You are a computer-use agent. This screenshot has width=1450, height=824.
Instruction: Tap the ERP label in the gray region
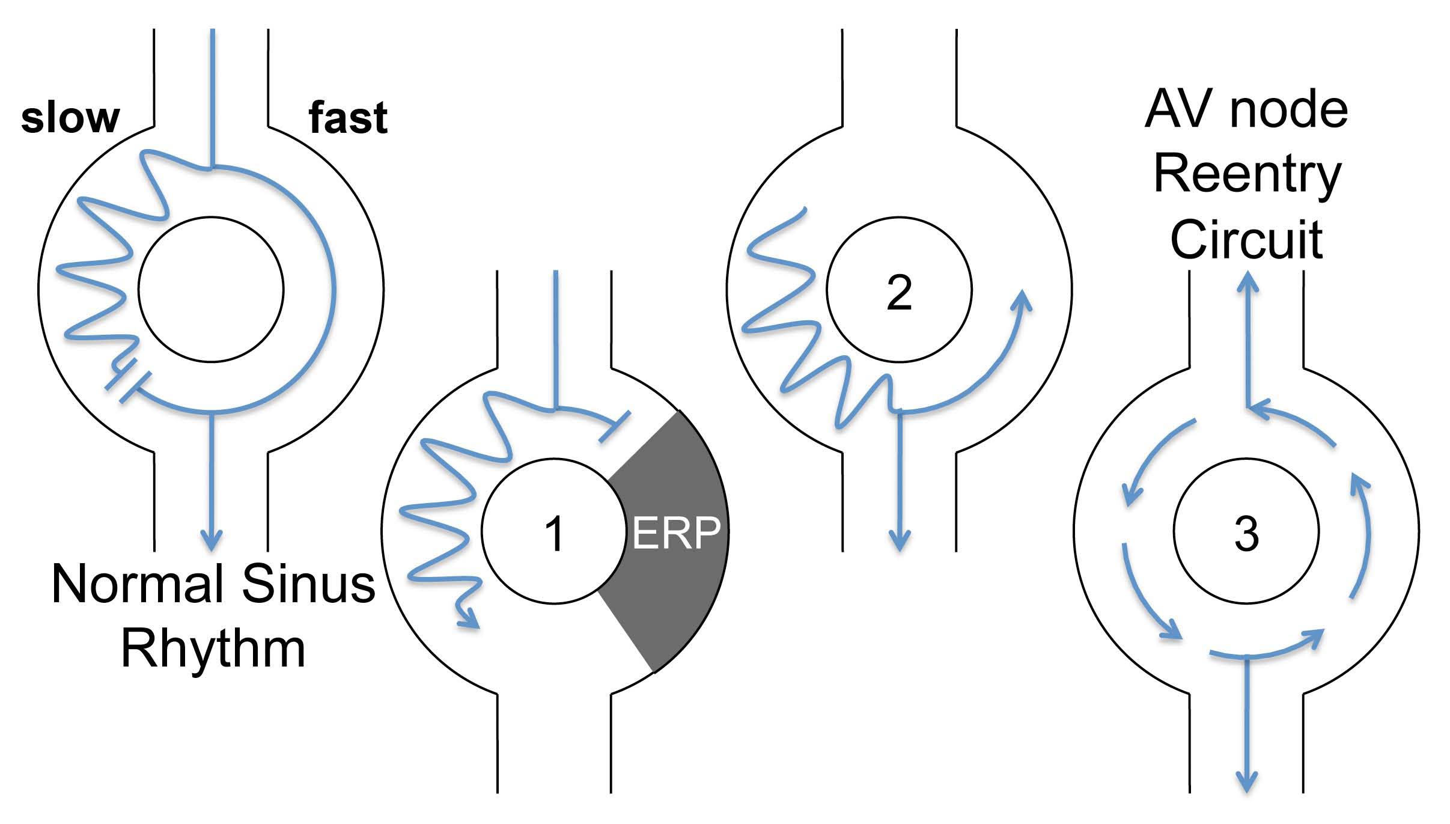pyautogui.click(x=676, y=533)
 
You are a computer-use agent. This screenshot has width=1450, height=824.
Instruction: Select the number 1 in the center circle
pyautogui.click(x=553, y=533)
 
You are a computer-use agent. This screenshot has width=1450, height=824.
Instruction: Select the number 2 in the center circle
pyautogui.click(x=899, y=293)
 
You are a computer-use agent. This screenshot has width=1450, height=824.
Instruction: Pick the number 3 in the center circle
pyautogui.click(x=1246, y=534)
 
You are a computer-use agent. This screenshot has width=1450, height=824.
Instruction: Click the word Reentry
pyautogui.click(x=1247, y=174)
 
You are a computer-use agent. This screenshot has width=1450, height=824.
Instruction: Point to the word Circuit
pyautogui.click(x=1246, y=239)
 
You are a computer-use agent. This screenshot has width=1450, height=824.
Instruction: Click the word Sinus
pyautogui.click(x=308, y=584)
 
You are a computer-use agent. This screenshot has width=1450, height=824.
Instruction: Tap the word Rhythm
pyautogui.click(x=213, y=649)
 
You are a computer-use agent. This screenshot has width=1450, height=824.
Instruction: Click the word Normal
pyautogui.click(x=138, y=584)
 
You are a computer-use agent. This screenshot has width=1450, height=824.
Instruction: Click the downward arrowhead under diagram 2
pyautogui.click(x=900, y=540)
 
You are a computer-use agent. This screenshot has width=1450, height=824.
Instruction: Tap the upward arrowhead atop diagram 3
pyautogui.click(x=1247, y=281)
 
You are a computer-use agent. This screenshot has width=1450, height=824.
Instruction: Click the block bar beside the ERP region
pyautogui.click(x=614, y=427)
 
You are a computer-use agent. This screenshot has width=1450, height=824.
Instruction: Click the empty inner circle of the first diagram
pyautogui.click(x=211, y=290)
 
